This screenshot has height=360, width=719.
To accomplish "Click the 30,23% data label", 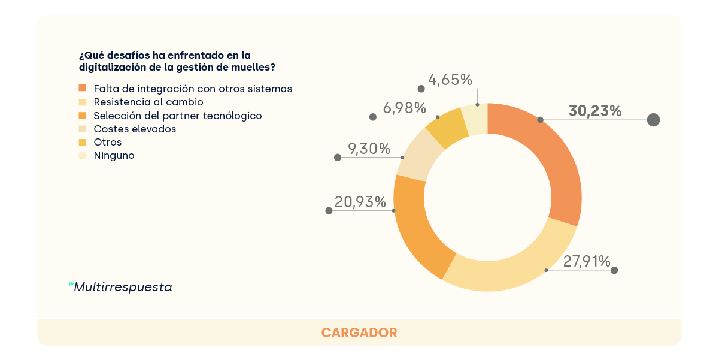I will coord(594,111).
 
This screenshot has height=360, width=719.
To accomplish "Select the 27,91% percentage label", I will coord(586,261).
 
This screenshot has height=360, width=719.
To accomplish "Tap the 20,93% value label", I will coord(362,202).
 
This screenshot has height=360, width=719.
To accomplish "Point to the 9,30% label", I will coord(369,149).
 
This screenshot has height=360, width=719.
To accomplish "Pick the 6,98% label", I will coord(404,108).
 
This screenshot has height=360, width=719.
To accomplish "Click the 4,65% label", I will coord(450,80).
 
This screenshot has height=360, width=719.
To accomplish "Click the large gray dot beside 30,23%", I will coord(653,120).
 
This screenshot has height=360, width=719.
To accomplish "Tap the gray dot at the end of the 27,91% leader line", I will coord(614,271).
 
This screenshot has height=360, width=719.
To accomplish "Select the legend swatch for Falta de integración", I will coord(83,89).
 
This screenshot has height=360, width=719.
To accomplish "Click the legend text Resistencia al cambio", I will coord(148,102).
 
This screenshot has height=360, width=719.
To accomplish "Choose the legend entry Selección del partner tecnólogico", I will coord(178,116).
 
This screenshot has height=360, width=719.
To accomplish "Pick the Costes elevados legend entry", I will coord(135,129).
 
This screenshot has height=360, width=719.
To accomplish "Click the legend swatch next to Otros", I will coord(83,142).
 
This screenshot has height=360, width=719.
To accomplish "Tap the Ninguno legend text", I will coord(114,155).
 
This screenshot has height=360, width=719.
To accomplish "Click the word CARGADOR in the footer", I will coord(359,332).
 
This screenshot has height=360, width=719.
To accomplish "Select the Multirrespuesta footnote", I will coord(123,287).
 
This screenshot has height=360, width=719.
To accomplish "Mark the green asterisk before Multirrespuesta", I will coord(71,285).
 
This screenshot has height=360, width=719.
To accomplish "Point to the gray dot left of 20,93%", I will coord(329,211).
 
